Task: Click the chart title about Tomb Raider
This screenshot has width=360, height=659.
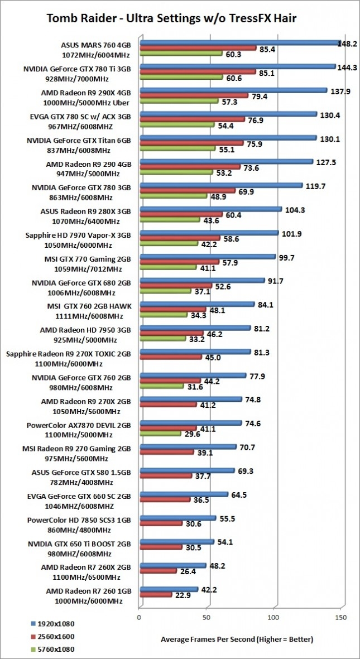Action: click(180, 19)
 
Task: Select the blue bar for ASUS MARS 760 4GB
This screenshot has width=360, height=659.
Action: click(240, 42)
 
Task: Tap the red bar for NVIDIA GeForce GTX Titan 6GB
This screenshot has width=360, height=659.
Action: click(191, 143)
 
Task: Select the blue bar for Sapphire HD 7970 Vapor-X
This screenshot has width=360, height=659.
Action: click(209, 233)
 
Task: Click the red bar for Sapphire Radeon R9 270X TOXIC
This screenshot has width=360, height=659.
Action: click(195, 358)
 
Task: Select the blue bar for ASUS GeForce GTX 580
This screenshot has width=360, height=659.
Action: click(187, 470)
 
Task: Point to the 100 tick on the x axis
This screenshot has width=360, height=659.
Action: click(274, 617)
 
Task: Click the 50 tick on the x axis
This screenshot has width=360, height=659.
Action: click(207, 617)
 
